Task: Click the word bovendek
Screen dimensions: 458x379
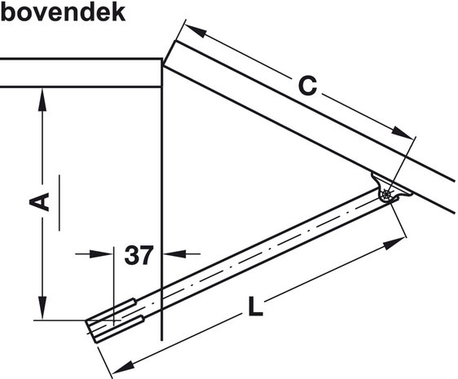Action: click(63, 12)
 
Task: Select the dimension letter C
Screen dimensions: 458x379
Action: click(307, 86)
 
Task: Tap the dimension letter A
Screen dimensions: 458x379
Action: click(40, 201)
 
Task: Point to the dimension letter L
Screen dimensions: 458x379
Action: click(255, 306)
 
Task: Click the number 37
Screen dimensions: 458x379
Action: click(139, 255)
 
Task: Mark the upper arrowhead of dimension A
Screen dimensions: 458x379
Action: click(42, 99)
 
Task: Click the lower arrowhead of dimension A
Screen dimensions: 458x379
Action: click(42, 308)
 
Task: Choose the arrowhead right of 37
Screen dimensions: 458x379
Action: click(174, 253)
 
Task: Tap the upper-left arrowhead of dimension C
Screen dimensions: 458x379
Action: click(195, 30)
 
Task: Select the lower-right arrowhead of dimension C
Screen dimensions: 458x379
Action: click(403, 133)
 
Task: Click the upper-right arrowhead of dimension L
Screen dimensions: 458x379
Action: click(395, 244)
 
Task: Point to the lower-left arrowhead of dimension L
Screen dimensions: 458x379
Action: click(124, 367)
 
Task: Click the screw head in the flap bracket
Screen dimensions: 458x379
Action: click(387, 194)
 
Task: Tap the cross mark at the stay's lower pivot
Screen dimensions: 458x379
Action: click(113, 320)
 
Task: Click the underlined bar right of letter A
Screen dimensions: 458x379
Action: click(59, 203)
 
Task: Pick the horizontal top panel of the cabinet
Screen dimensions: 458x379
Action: click(81, 73)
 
